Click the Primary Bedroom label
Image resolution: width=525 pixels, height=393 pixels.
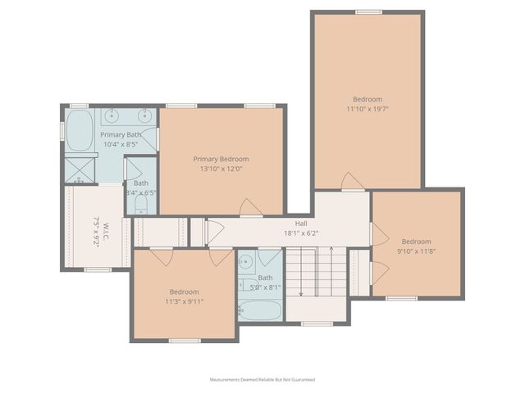coord(221,159)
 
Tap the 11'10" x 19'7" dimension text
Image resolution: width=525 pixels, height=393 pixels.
coord(367,108)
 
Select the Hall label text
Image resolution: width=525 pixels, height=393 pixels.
coord(301,223)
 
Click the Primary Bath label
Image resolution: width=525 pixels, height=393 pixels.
coord(121,134)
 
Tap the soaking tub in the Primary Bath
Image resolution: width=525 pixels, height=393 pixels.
coord(80,131)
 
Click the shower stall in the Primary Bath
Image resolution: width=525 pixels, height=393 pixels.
coord(80,169)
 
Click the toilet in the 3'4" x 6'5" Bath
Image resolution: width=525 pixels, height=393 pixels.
coord(140,202)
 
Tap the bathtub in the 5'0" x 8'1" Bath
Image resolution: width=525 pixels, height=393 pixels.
coord(260,311)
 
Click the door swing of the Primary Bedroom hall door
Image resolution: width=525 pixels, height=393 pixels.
coord(251,208)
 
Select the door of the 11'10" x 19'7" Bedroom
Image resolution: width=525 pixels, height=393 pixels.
coord(353,182)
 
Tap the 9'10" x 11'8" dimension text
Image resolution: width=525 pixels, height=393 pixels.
coord(416,251)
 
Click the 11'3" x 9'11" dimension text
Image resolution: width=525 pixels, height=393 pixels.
coord(185,301)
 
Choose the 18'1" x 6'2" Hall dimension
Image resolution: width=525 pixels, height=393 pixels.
coord(301,233)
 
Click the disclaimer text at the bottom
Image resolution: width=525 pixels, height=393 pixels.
coord(262,380)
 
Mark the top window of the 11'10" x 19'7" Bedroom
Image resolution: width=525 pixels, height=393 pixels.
coord(368,12)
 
